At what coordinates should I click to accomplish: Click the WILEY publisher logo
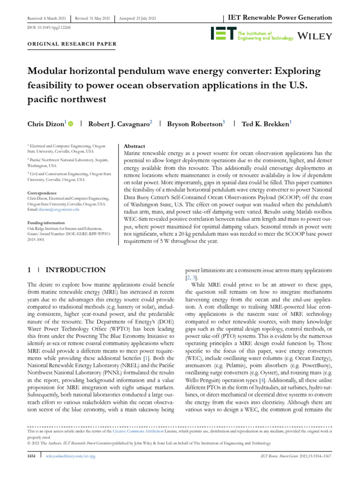click(315, 36)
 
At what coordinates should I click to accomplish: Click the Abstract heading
click(134, 146)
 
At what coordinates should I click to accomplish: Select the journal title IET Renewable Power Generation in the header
click(280, 18)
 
